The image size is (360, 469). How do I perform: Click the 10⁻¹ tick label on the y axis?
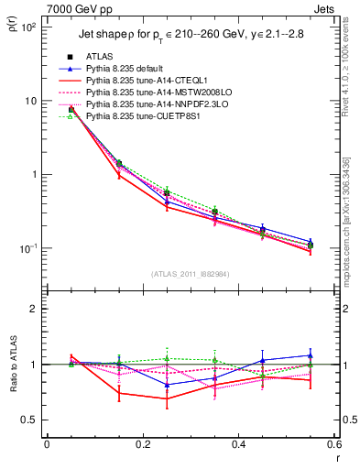(x=28, y=248)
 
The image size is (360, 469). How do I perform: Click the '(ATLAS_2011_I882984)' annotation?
(x=190, y=274)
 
